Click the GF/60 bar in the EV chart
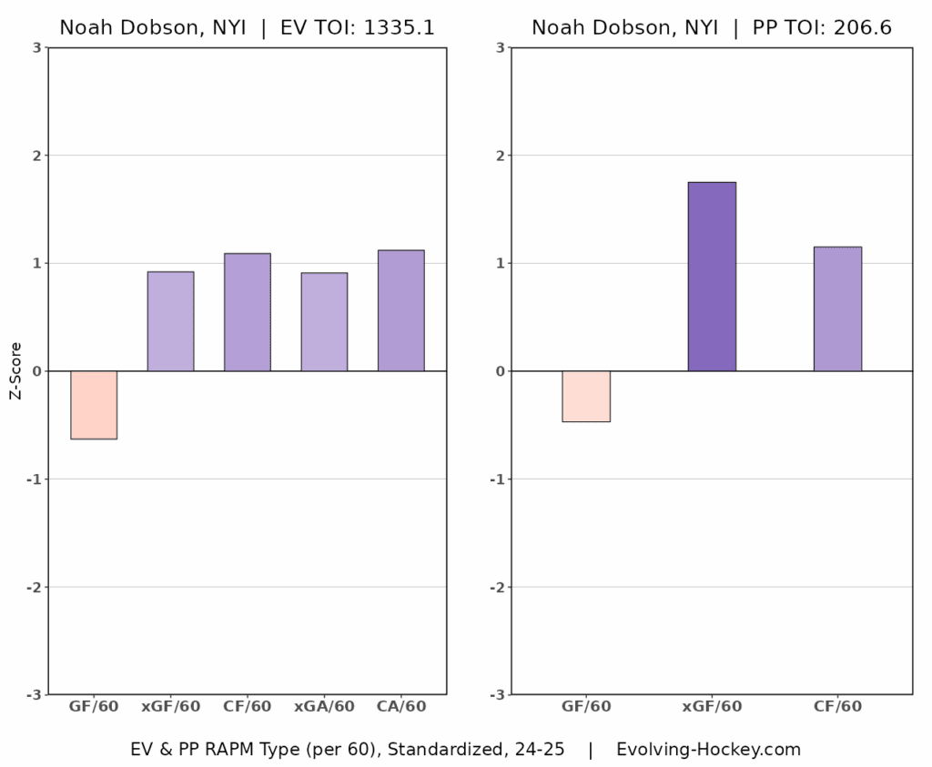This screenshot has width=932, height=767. [x=94, y=405]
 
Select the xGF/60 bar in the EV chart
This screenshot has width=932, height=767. [x=170, y=321]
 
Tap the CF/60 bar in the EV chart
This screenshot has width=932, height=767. [x=248, y=312]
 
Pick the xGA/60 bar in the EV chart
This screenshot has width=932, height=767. [x=324, y=322]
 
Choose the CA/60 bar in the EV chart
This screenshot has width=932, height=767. [x=400, y=310]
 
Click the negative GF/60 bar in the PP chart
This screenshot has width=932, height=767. [x=586, y=396]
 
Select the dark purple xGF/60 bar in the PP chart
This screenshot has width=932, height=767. [x=712, y=277]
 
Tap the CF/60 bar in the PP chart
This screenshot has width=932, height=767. [x=837, y=308]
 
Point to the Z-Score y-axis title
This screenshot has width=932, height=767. [x=15, y=371]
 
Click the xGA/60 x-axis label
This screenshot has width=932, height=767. [x=324, y=706]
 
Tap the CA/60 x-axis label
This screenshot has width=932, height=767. [x=400, y=706]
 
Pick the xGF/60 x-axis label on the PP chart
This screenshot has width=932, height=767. [x=712, y=706]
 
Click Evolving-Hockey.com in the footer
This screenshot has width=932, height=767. [x=708, y=750]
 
